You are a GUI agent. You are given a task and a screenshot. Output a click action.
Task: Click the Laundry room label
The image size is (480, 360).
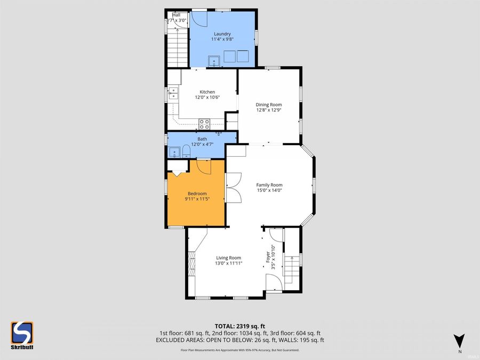click(207, 34)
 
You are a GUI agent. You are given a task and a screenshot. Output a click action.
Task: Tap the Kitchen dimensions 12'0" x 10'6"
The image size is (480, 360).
click(207, 98)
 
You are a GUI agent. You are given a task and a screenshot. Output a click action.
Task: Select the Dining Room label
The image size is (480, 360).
click(269, 105)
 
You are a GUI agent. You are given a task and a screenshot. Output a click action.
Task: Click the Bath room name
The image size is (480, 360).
click(202, 139)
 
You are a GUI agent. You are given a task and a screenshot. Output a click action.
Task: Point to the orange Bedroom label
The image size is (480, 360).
click(197, 194)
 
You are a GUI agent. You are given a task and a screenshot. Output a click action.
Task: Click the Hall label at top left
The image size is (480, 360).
click(176, 15)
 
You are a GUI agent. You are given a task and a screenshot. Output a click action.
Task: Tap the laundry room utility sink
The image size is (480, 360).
click(215, 60)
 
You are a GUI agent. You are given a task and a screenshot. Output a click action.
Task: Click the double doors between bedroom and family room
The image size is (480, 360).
click(234, 188)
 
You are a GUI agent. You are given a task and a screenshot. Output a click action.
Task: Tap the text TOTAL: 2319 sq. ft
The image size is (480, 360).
click(239, 325)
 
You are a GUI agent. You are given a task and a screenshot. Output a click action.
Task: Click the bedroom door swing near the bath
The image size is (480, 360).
click(204, 166)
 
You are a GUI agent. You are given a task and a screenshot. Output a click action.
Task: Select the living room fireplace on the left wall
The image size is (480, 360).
click(191, 261)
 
